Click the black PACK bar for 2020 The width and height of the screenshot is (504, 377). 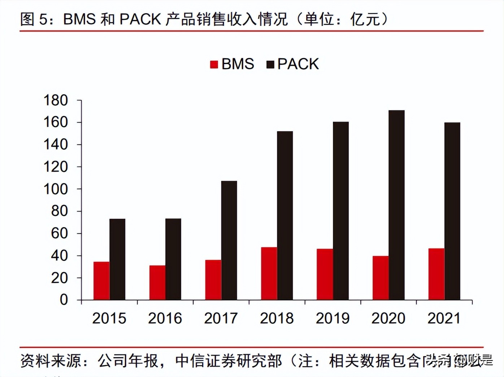pos(396,205)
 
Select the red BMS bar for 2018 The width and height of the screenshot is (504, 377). pos(269,274)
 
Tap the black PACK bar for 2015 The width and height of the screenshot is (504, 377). pos(117,259)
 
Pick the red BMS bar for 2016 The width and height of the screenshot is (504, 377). pos(157,283)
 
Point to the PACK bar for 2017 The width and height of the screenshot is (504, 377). pos(229,240)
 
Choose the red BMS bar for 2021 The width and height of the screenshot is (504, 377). pos(436,274)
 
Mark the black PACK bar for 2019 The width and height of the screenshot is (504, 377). pos(340,211)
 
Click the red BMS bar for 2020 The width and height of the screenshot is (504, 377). pos(381,278)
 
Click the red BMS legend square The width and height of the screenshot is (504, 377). pos(214,65)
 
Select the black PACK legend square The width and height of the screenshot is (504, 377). pos(270,65)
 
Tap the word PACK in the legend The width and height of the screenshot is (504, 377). pos(298,64)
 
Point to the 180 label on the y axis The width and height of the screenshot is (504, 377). pos(56,100)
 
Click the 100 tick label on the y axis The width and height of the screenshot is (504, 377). pos(56,189)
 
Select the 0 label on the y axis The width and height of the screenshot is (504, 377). pos(64,300)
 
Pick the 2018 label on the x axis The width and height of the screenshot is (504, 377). pos(277,318)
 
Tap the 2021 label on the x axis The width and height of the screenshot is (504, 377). pos(444,318)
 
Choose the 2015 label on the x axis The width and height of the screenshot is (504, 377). pos(109,318)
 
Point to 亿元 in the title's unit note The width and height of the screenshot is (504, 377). pos(365,19)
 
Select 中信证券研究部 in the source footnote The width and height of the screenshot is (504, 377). pos(229,361)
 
